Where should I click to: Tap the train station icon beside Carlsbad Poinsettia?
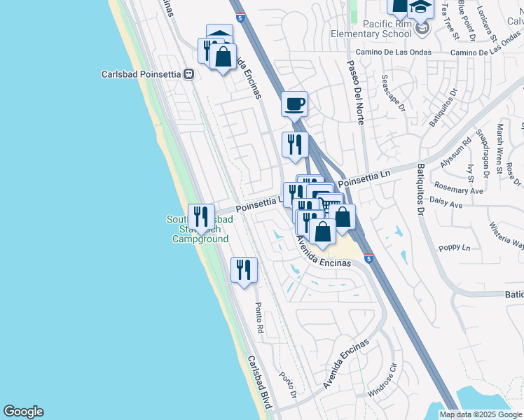coord(188,73)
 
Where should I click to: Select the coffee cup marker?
coord(294,104)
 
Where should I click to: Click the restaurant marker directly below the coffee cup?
coord(294,145)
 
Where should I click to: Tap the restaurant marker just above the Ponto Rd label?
coord(244,269)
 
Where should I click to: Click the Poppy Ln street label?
coord(455,248)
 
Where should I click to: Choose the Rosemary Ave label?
coord(459,190)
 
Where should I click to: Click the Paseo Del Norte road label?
coord(355,92)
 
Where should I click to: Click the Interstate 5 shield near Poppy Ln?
coord(368,258)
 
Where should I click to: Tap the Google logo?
coord(23,412)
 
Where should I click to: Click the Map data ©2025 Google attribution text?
coord(481,414)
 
